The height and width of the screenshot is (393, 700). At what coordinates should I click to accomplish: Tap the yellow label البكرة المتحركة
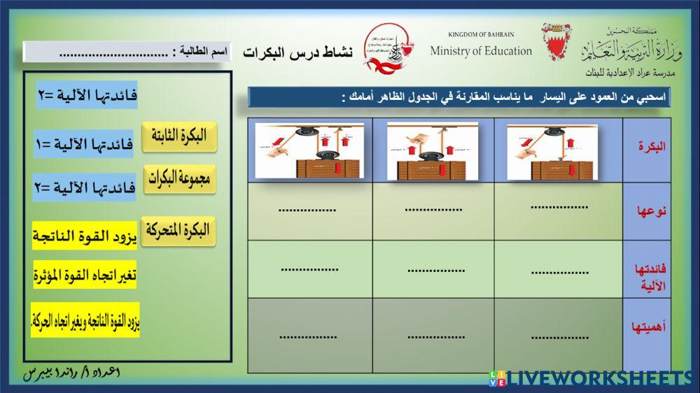pos(178,231)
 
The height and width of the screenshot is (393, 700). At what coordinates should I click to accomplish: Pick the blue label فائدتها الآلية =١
pos(83,144)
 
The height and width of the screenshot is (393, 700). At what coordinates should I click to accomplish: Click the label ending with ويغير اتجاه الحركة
pos(85,321)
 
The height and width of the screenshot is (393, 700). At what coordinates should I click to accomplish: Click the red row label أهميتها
pos(647,327)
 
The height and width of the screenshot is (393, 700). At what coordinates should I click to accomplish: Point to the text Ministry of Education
pos(481,51)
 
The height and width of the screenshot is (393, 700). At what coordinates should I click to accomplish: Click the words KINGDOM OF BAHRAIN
pos(481,34)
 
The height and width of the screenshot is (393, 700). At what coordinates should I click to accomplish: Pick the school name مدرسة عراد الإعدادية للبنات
pos(629,73)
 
